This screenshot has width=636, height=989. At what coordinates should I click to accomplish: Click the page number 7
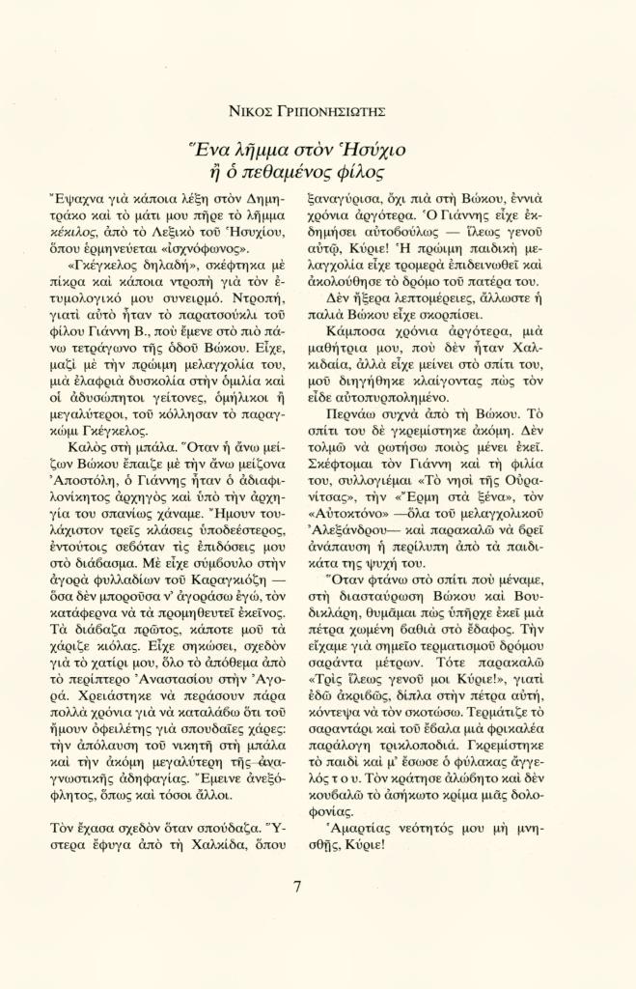click(297, 888)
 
